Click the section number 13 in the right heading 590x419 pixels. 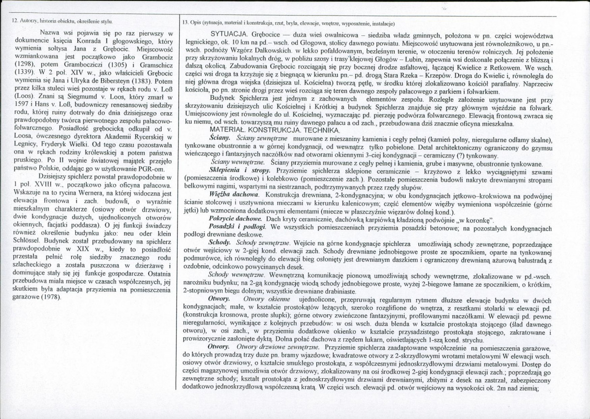[184, 23]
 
